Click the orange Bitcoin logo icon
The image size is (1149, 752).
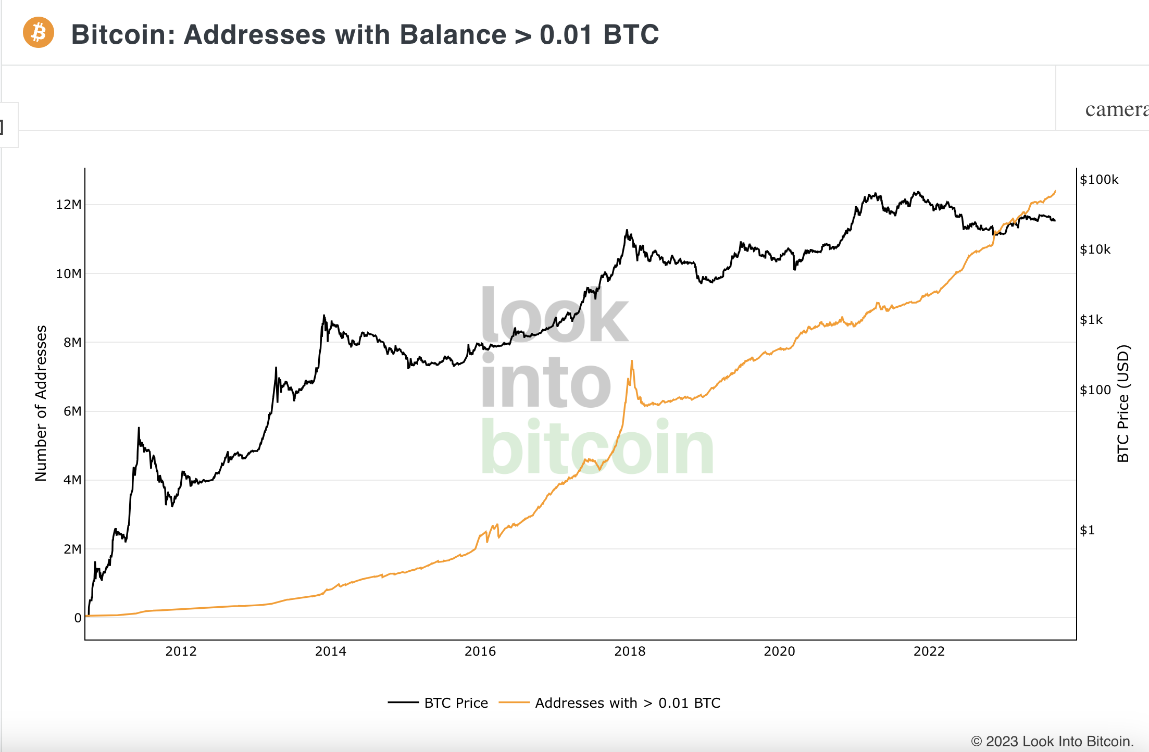coord(39,33)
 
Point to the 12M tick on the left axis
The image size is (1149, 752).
coord(69,204)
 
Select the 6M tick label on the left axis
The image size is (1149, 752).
coord(72,411)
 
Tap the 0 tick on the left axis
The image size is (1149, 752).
coord(78,618)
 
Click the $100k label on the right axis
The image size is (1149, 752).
coord(1099,180)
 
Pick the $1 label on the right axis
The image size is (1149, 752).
coord(1087,530)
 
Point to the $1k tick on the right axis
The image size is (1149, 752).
coord(1091,320)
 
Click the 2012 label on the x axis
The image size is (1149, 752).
coord(181,651)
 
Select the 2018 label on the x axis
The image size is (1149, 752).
coord(630,651)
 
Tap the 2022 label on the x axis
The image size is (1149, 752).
coord(929,651)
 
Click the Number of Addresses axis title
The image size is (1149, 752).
coord(41,403)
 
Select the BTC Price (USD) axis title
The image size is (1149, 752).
coord(1123,403)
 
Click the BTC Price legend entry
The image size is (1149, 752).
coord(456,703)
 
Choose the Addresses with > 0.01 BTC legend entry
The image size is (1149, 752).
coord(627,703)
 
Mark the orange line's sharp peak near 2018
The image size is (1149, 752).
coord(632,361)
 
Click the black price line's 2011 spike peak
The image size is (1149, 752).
coord(139,428)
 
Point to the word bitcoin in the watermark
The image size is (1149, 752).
coord(597,448)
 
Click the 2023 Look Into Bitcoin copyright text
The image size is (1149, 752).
coord(1052,741)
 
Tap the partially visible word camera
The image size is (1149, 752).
coord(1116,109)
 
